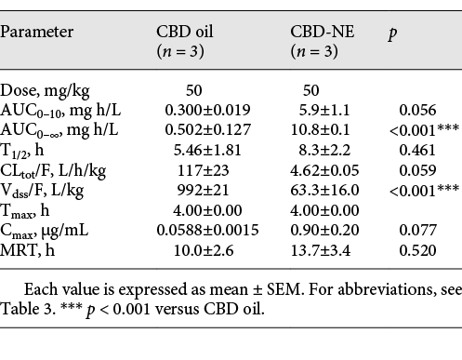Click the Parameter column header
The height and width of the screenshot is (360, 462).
(x=37, y=32)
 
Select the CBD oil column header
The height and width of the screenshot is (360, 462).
(x=183, y=32)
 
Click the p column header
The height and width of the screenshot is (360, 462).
(x=393, y=32)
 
